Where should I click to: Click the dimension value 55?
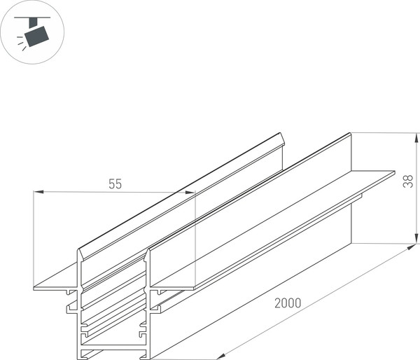(115, 184)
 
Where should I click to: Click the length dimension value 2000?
(288, 303)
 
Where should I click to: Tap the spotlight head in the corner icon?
(36, 33)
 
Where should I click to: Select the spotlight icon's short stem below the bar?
(31, 22)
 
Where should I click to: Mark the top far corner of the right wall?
(350, 134)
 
